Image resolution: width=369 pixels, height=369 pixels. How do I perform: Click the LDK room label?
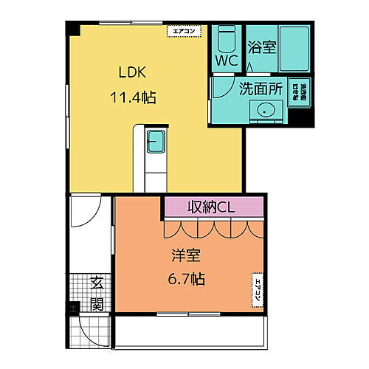[134, 73]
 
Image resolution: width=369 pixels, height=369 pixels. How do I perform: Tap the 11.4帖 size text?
[134, 97]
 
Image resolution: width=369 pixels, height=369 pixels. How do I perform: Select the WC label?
[226, 61]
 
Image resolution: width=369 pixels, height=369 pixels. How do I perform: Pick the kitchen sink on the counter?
[156, 142]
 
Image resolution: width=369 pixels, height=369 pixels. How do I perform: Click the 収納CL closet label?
[213, 207]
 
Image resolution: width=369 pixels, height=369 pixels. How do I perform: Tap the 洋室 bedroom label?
[185, 256]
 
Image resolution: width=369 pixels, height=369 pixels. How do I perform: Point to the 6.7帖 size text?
[185, 280]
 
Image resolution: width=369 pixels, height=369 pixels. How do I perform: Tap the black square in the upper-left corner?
[72, 27]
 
